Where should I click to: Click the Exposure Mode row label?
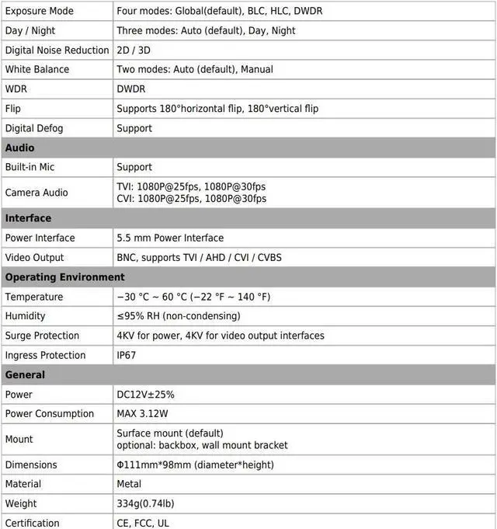39,12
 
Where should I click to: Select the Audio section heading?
20,148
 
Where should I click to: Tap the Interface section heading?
28,218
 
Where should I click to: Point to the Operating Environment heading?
64,277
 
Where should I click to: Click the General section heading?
25,375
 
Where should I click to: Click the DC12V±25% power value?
145,395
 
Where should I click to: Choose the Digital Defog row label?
34,128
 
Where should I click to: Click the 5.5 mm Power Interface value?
170,238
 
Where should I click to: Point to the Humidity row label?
26,316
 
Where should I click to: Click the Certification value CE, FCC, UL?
143,524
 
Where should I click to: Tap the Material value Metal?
130,484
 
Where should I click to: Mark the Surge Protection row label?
42,336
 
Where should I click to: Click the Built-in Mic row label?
30,167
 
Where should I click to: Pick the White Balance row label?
36,69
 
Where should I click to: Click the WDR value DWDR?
131,89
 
